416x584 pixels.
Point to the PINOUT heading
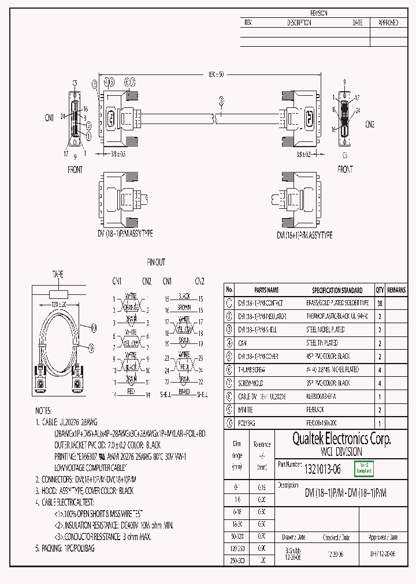coord(155,262)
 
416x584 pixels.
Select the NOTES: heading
coord(44,411)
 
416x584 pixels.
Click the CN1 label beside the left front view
coord(49,117)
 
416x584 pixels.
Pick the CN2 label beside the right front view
coord(370,123)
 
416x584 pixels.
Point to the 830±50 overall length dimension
coord(216,74)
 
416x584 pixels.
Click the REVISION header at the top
coord(319,13)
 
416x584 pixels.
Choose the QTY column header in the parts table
coord(380,290)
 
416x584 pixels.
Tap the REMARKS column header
coord(396,290)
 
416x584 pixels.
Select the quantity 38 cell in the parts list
coord(380,303)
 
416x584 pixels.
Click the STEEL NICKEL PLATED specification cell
coord(325,330)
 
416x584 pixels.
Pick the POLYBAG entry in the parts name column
coord(247,424)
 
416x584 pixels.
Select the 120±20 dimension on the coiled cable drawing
coord(58,304)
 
